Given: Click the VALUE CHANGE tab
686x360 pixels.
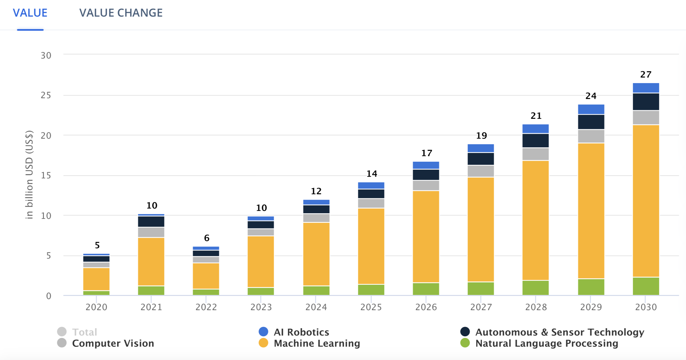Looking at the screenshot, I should coord(121,13).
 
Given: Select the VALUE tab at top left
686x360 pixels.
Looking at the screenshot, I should coord(30,13).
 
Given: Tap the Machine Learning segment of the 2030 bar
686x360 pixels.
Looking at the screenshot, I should coord(646,201).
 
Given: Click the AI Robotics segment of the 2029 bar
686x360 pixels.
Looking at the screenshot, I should coord(591,109).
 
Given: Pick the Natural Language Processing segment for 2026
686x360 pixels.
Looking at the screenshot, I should coord(426,289).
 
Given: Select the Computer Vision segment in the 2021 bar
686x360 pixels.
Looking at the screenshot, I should coord(151,232).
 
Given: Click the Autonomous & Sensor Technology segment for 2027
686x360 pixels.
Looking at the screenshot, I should coord(481,159).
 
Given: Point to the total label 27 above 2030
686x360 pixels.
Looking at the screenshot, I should coord(646,74).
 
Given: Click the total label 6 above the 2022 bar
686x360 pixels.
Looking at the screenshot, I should coord(207,238).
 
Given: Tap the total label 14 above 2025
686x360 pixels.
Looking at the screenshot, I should coord(371,174).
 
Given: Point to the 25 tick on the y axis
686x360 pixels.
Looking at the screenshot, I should coord(46,95).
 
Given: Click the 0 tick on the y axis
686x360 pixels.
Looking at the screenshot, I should coord(48,296).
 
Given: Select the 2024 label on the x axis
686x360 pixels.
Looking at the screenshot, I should coord(316,307).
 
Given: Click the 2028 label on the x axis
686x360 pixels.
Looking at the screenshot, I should coord(536,307).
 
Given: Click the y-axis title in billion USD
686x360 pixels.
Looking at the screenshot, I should coord(29,175).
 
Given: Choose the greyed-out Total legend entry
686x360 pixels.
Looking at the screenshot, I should coord(84,332).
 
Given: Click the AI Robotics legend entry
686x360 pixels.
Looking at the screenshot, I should coord(301,332).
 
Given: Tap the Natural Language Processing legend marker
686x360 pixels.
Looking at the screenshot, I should coord(465,343).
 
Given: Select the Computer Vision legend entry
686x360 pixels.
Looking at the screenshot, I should coord(113,343).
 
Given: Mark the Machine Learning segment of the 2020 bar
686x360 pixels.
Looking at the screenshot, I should coord(96,279).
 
